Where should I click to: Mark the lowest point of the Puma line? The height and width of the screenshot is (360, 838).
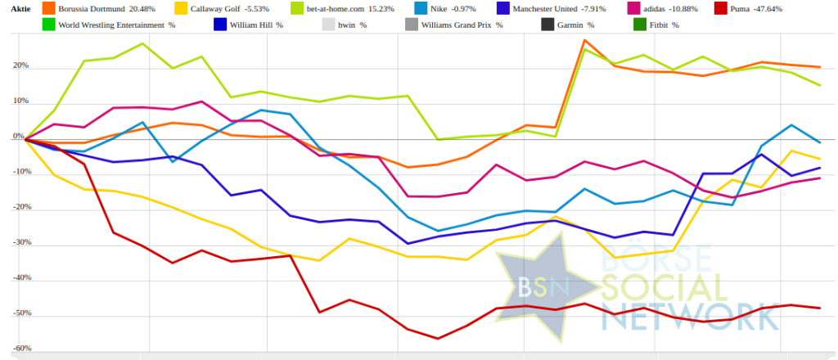point(438,339)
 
